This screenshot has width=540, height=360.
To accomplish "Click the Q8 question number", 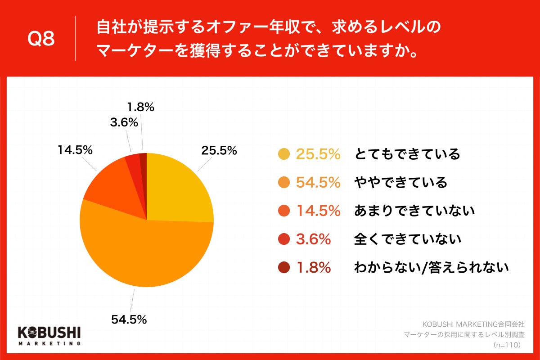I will pos(41,39).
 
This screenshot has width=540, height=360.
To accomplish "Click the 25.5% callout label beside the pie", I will pos(219,151).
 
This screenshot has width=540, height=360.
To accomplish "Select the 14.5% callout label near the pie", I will pos(75,150).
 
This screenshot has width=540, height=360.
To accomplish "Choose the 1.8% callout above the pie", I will pos(140,107).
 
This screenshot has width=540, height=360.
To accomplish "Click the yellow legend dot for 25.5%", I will pos(284,154).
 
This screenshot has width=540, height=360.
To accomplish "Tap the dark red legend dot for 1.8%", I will pos(284,268).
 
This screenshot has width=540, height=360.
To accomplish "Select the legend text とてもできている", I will pos(407,154).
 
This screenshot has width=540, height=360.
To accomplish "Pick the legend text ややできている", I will pos(401,183).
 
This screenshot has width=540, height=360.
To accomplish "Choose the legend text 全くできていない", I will pos(408,239).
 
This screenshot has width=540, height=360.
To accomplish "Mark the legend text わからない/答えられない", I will pos(431,268).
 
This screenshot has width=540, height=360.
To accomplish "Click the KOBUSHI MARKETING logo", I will pos(49,335).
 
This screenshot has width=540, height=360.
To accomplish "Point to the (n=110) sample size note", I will pos(507,345).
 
